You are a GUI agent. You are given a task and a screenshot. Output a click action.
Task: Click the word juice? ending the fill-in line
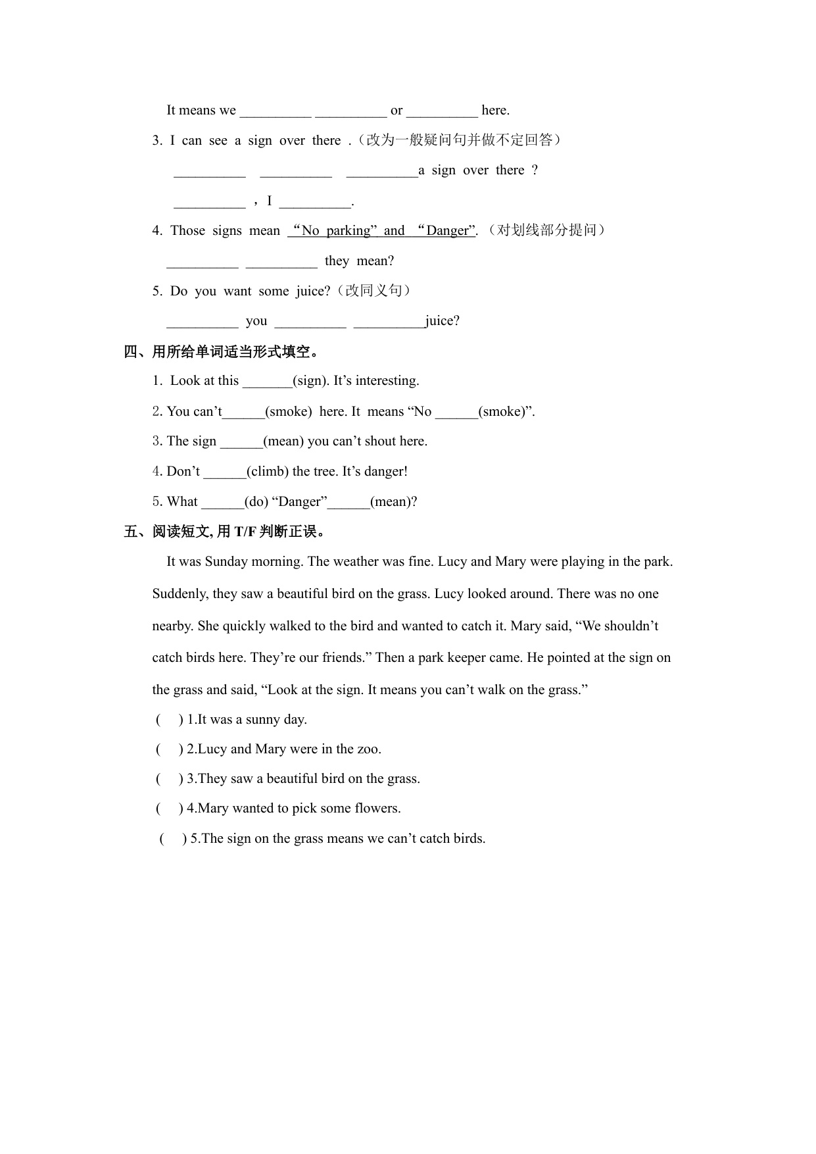pyautogui.click(x=443, y=321)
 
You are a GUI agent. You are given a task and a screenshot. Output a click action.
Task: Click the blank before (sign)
pyautogui.click(x=267, y=382)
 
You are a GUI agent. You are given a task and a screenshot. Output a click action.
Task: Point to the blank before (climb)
pyautogui.click(x=225, y=472)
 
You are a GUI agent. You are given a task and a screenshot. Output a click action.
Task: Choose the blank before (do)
pyautogui.click(x=222, y=503)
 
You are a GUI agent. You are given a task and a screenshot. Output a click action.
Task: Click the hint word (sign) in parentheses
pyautogui.click(x=310, y=381)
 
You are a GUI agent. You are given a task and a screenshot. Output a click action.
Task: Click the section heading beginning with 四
pyautogui.click(x=222, y=351)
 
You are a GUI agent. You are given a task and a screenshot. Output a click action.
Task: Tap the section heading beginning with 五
pyautogui.click(x=225, y=531)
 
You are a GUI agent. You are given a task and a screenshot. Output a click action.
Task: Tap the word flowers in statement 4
pyautogui.click(x=377, y=809)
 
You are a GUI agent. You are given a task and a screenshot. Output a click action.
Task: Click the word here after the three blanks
pyautogui.click(x=494, y=111)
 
